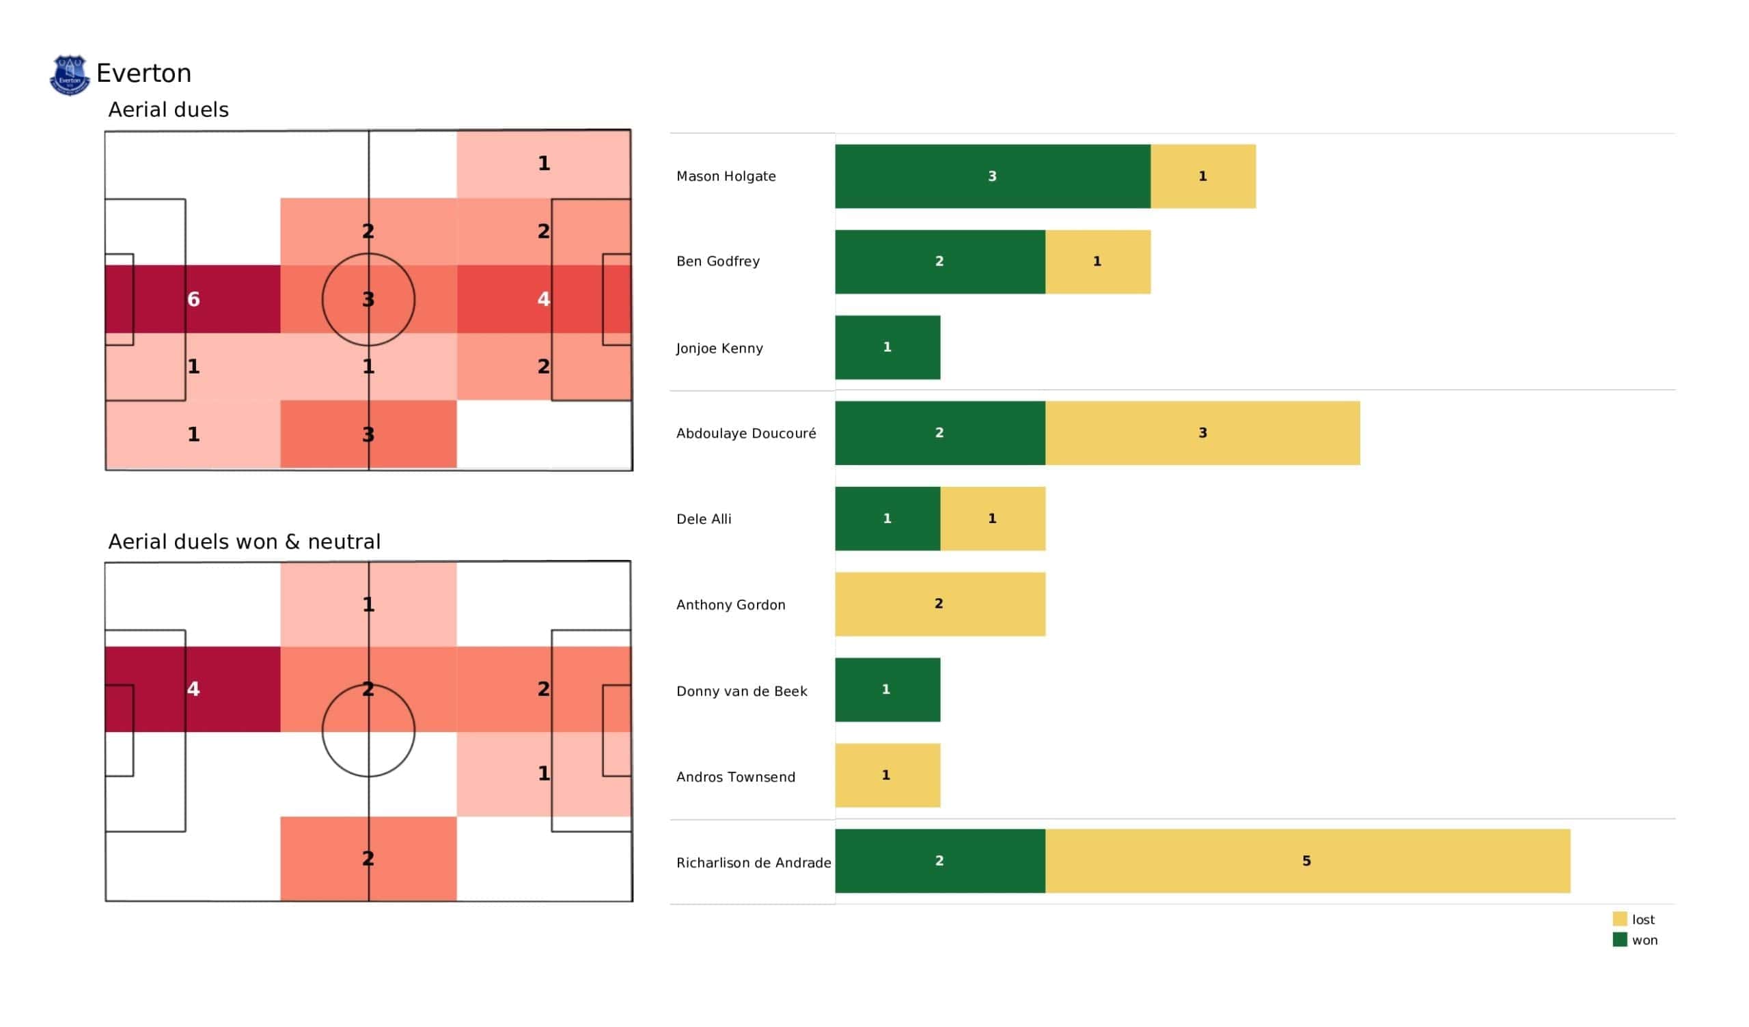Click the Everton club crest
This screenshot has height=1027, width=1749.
[x=70, y=75]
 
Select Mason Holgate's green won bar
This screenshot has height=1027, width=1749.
[x=993, y=176]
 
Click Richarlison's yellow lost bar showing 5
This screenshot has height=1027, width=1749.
[x=1308, y=861]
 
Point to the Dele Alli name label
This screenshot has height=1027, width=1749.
[x=704, y=519]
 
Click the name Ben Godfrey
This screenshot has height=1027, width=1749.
[x=717, y=262]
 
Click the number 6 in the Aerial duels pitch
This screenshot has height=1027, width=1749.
[x=193, y=299]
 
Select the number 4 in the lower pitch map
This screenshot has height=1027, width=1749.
[x=193, y=689]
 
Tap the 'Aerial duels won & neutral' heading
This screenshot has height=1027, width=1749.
[x=245, y=542]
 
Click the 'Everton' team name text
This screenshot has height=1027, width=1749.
[x=143, y=74]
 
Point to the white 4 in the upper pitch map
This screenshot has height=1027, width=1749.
[x=543, y=299]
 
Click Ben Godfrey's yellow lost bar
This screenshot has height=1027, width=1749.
[x=1097, y=262]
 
